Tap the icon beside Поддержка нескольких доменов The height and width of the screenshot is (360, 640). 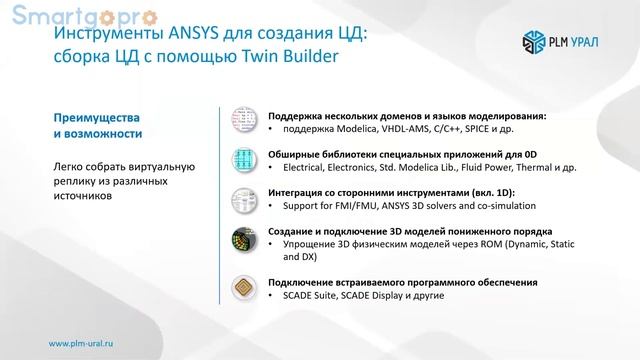243,121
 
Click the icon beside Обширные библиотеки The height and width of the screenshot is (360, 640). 243,160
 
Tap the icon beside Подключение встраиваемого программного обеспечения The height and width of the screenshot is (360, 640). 243,288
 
